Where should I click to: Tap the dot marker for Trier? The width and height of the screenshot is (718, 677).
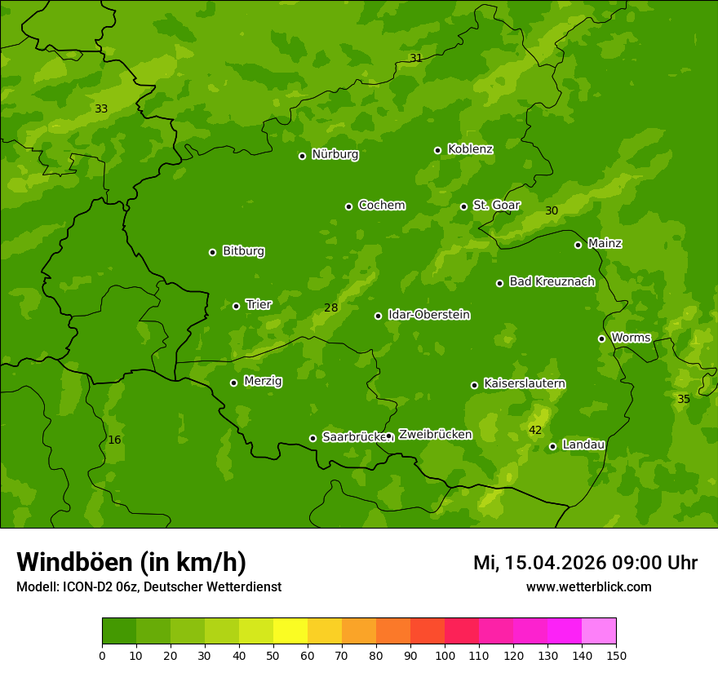[237, 306]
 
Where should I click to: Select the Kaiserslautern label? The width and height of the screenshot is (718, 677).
[525, 383]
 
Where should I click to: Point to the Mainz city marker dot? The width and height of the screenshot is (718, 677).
[578, 245]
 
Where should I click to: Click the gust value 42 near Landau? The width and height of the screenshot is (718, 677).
[535, 430]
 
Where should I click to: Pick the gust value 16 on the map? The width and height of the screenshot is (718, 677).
[114, 440]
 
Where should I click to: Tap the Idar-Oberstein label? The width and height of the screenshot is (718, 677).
[428, 314]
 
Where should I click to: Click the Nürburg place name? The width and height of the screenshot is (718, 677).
[335, 154]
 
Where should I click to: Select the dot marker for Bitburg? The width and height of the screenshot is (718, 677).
[213, 252]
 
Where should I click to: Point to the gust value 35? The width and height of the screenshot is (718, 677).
[684, 399]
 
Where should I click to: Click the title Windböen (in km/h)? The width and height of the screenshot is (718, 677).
[131, 562]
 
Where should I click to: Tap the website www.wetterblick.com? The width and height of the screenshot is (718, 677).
[588, 586]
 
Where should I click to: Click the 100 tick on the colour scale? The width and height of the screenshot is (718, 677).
[445, 655]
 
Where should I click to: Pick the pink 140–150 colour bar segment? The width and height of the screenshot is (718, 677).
[599, 631]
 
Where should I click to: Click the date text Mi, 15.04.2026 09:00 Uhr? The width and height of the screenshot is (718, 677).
[585, 563]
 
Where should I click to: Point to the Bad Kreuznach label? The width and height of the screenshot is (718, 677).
[552, 281]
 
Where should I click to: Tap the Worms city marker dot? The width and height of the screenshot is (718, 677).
[601, 338]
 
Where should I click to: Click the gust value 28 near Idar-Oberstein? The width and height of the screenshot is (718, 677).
[330, 308]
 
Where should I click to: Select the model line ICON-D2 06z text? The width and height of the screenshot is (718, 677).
[148, 587]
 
